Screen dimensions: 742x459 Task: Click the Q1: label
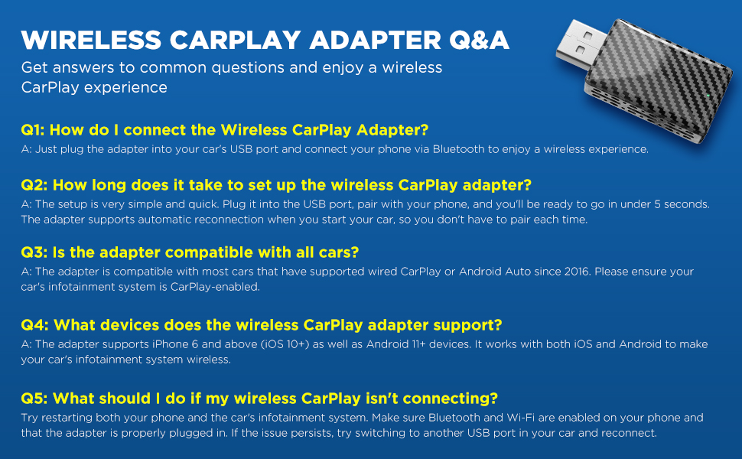tap(33, 129)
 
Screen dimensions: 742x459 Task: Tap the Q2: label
tap(34, 184)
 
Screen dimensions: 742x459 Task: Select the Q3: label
tap(34, 252)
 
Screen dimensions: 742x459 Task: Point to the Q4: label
tap(34, 325)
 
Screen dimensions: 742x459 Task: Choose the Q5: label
tap(34, 399)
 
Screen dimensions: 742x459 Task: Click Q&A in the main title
tap(479, 41)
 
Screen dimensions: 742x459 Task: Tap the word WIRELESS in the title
tap(91, 40)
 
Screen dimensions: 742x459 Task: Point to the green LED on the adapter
tap(708, 96)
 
